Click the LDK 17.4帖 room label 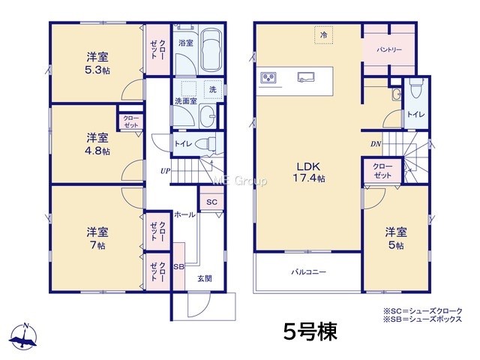(309, 172)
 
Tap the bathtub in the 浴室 (211, 50)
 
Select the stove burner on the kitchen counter (268, 77)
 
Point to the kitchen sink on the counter (306, 76)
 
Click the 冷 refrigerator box (323, 35)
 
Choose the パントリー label (389, 49)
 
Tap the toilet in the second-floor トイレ (416, 88)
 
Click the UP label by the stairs (165, 171)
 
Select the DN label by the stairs (376, 143)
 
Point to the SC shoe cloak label (211, 202)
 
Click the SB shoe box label (178, 267)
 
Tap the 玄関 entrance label (205, 278)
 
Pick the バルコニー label (308, 271)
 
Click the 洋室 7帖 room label (97, 238)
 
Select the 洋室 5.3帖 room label (97, 63)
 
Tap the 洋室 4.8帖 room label (97, 144)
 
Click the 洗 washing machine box (213, 89)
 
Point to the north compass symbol (23, 336)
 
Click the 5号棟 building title (310, 331)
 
